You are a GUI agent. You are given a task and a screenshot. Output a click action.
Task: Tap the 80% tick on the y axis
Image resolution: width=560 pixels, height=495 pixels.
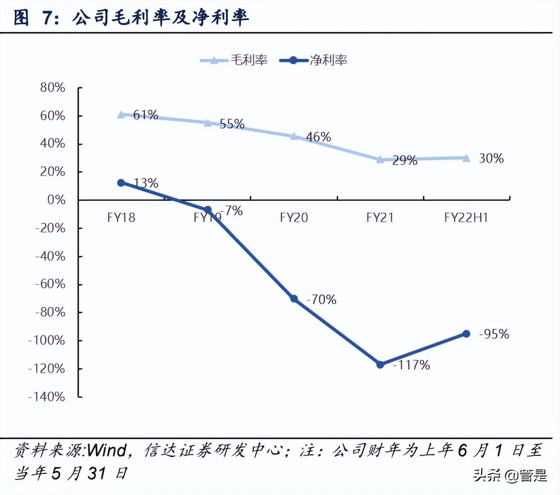[x=53, y=87]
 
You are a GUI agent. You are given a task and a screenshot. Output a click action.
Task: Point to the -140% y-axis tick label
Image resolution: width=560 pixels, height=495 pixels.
[x=46, y=397]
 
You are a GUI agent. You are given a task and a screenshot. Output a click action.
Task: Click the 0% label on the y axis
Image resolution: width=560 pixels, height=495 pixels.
[x=56, y=200]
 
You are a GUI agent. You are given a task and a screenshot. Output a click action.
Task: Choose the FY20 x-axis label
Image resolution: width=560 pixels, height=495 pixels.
[x=294, y=218]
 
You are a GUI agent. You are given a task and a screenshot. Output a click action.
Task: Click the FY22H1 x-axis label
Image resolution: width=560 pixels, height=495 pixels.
[x=466, y=218]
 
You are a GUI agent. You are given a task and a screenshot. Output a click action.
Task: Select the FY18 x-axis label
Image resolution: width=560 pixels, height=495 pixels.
[x=121, y=218]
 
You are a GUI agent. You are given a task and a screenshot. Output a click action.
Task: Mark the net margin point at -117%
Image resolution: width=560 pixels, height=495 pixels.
[x=380, y=364]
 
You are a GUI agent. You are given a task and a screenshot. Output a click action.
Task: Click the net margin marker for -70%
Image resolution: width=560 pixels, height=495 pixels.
[x=294, y=299]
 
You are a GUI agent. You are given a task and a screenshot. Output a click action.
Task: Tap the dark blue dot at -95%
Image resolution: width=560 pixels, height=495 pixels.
[x=466, y=334]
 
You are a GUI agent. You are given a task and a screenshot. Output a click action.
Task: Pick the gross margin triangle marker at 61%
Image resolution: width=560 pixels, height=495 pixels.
[x=121, y=115]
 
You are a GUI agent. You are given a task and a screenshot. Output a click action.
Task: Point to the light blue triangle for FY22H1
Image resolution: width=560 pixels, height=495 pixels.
[x=466, y=158]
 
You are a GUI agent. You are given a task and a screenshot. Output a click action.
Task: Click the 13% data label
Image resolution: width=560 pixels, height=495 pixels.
[x=146, y=183]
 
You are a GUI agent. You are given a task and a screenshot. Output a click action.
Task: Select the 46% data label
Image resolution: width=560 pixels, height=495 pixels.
[x=318, y=137]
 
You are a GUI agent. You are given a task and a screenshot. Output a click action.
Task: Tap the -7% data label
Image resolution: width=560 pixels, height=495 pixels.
[x=233, y=211]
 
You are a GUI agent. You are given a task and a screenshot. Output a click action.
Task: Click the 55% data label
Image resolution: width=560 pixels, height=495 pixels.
[x=232, y=124]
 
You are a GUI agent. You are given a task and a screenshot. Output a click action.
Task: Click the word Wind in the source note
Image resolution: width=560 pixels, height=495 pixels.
[x=107, y=451]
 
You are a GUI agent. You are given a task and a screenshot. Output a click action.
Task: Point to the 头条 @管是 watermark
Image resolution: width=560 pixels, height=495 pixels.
[x=510, y=476]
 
